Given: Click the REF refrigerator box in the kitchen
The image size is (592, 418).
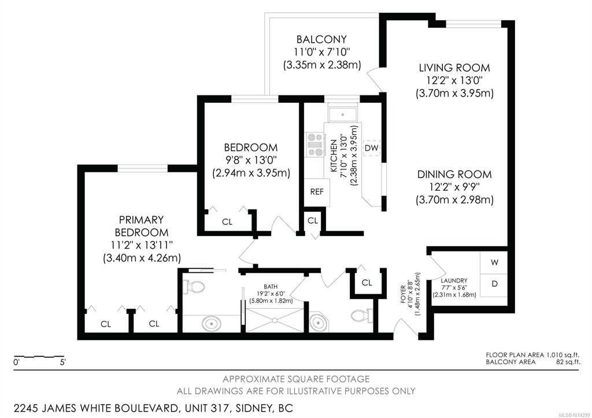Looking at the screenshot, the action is (x=317, y=192).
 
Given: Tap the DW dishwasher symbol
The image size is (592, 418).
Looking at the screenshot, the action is (x=372, y=148).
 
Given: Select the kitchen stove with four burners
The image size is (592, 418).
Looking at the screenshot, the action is (x=314, y=145).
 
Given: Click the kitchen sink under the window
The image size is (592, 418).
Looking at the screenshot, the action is (x=342, y=114).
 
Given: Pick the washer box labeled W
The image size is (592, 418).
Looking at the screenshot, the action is (x=494, y=262).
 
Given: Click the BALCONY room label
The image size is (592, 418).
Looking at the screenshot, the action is (x=321, y=39).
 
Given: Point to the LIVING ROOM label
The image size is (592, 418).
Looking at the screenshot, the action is (x=454, y=68).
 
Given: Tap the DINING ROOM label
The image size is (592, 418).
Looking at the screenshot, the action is (x=454, y=175).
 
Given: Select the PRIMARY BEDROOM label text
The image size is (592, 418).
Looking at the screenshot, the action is (x=142, y=226).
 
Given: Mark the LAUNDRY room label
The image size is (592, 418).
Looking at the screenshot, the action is (x=454, y=280).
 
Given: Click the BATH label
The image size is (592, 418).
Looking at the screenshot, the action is (x=271, y=287).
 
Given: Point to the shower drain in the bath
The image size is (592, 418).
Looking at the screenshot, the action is (x=275, y=320).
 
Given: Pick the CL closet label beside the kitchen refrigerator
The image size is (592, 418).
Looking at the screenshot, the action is (x=313, y=220).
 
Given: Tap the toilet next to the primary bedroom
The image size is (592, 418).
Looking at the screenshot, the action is (x=194, y=287).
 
